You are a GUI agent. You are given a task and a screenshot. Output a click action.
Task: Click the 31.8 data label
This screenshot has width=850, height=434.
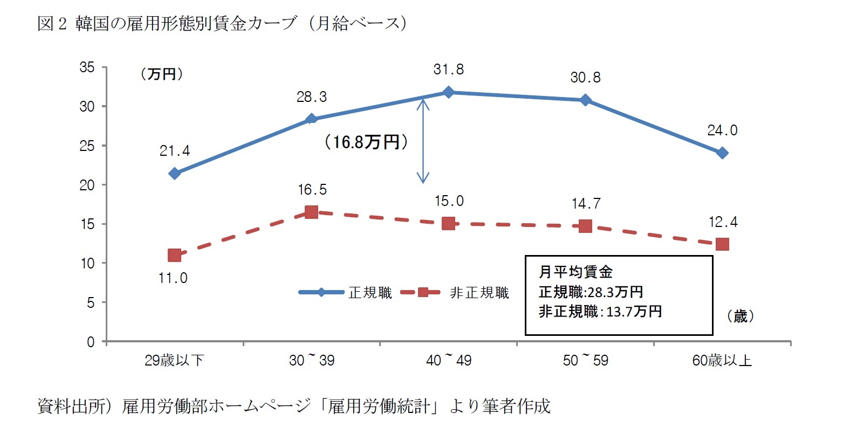click(x=448, y=70)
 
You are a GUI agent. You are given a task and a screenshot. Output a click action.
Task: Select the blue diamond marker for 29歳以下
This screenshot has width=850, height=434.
click(x=174, y=173)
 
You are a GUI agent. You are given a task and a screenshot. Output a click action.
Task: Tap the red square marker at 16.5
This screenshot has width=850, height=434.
click(x=311, y=212)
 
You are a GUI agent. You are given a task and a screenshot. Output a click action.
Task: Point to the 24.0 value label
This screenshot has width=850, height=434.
click(x=722, y=130)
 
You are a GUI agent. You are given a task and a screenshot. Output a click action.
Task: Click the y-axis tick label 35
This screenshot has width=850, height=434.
click(x=87, y=67)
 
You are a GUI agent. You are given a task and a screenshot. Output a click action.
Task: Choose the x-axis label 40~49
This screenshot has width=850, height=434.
click(x=448, y=360)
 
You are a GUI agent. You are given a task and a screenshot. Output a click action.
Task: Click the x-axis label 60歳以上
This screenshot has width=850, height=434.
click(x=722, y=360)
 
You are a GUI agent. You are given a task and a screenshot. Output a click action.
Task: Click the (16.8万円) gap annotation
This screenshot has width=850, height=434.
click(x=366, y=142)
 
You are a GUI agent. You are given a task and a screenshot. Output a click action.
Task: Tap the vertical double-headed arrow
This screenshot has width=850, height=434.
click(x=423, y=141)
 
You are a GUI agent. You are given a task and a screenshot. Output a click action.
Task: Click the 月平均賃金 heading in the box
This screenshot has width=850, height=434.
click(x=575, y=272)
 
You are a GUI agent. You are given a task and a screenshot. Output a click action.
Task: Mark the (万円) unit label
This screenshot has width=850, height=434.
click(x=161, y=74)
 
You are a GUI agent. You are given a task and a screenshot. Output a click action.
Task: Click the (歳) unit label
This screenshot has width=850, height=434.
click(x=740, y=316)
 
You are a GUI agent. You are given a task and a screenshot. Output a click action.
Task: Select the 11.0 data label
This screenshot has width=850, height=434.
click(x=173, y=278)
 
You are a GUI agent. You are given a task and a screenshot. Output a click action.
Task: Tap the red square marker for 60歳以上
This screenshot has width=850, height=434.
click(x=722, y=244)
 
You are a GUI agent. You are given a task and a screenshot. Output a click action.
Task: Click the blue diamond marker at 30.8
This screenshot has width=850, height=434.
click(x=585, y=100)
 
